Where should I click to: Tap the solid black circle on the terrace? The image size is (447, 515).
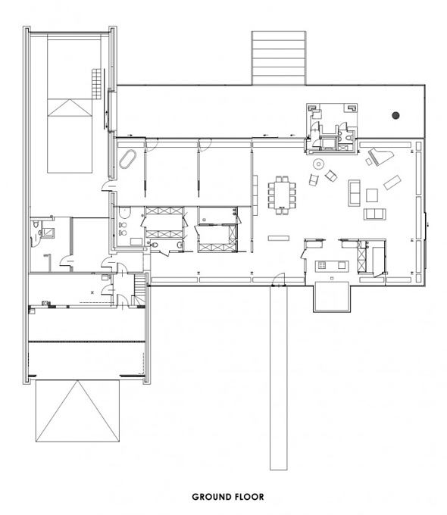[395, 115]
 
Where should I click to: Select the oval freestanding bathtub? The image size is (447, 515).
[127, 159]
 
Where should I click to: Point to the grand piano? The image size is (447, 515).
[380, 154]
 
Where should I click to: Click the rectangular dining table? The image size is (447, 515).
[282, 195]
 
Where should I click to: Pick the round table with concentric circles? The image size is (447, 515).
[318, 164]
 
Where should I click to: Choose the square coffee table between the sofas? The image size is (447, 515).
[372, 195]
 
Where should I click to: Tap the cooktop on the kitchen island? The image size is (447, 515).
[321, 265]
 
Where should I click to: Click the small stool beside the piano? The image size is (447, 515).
[369, 161]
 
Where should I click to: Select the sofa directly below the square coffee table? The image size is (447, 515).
[375, 214]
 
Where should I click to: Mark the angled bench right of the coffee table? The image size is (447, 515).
[392, 183]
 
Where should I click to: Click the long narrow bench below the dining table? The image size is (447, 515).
[279, 238]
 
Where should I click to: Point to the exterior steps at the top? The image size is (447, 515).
[279, 58]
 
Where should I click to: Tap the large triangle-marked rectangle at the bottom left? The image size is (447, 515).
[77, 411]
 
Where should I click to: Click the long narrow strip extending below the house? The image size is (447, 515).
[278, 378]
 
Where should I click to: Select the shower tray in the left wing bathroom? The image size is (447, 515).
[49, 233]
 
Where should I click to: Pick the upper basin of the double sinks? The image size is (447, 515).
[123, 225]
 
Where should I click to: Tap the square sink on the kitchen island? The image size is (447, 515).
[342, 265]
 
